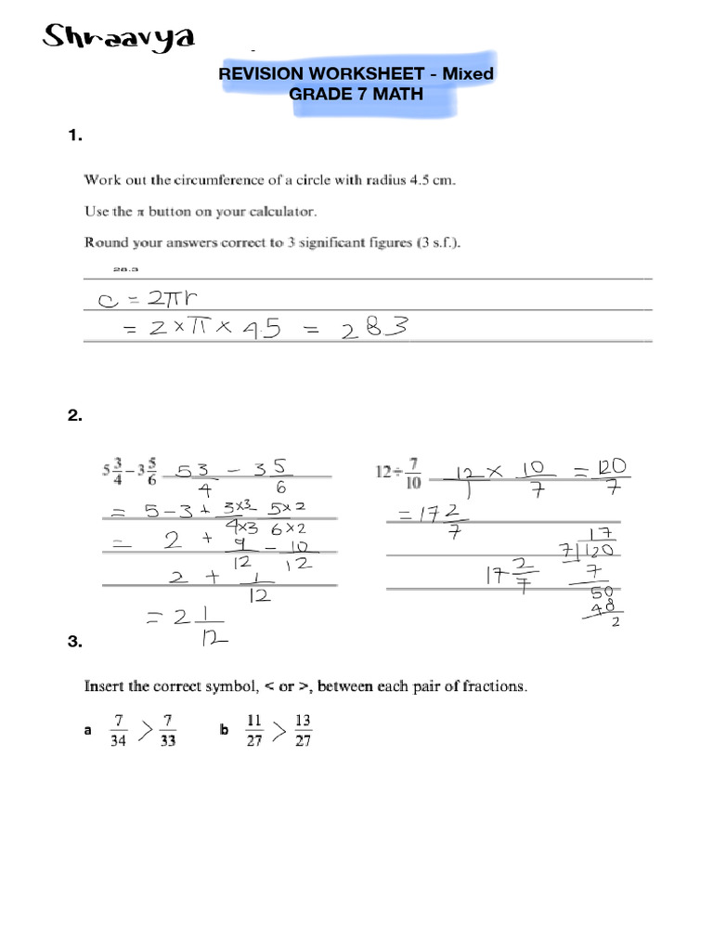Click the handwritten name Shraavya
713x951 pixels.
(120, 38)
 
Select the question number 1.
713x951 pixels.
(75, 137)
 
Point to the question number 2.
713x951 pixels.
(75, 417)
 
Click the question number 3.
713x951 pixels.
(75, 642)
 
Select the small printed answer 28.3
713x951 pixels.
(124, 269)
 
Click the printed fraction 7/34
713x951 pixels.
(117, 731)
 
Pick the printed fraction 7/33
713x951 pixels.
(168, 731)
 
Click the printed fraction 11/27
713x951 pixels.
(255, 731)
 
